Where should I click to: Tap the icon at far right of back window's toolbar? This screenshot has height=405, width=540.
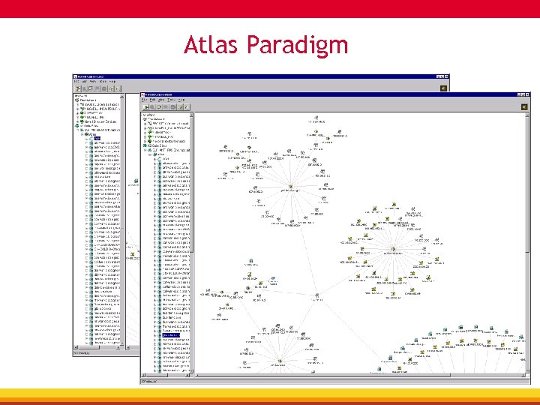443,88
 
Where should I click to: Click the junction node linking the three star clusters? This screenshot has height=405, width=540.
318,295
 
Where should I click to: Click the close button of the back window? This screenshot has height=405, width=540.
445,76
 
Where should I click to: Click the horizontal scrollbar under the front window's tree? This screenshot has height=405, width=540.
165,376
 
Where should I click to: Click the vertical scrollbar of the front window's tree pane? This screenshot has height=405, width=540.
191,240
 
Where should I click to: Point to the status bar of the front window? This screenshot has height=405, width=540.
330,381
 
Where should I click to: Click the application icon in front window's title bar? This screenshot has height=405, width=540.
145,94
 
